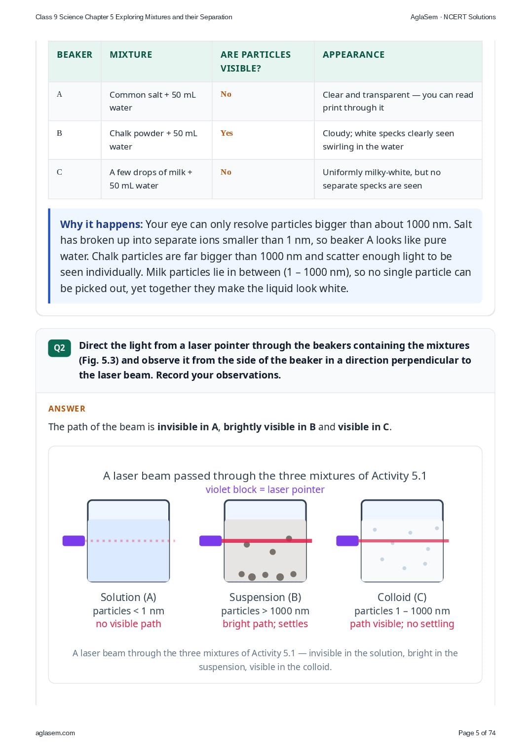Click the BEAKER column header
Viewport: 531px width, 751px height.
click(x=75, y=55)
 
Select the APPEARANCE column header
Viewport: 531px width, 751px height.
click(x=353, y=55)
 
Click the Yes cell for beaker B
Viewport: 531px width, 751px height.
click(x=227, y=133)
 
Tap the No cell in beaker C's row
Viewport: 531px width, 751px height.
click(x=226, y=172)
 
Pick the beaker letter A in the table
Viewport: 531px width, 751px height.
click(x=59, y=94)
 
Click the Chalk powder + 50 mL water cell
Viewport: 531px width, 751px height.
click(x=153, y=140)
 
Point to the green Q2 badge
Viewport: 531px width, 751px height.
click(x=59, y=348)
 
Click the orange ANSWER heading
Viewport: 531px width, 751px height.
click(x=67, y=409)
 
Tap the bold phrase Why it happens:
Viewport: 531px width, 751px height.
click(x=101, y=224)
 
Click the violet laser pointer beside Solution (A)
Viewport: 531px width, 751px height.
click(x=74, y=541)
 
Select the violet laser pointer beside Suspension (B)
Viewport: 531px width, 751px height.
click(x=211, y=541)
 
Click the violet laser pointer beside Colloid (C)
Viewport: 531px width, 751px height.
click(x=347, y=541)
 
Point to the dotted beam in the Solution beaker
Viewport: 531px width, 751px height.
click(x=130, y=541)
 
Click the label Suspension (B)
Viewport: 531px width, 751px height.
click(x=265, y=597)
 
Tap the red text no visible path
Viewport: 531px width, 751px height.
click(x=128, y=624)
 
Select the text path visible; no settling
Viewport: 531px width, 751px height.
click(x=402, y=624)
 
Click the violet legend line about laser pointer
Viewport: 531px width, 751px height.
click(x=265, y=489)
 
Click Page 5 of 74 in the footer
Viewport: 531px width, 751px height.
click(x=477, y=733)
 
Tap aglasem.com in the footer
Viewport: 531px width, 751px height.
click(x=55, y=733)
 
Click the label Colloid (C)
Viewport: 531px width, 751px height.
click(x=402, y=597)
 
